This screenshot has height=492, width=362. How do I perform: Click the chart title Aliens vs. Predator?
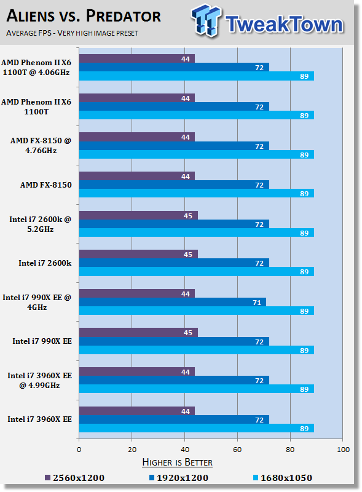click(x=84, y=16)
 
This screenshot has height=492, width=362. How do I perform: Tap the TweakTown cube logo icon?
click(x=206, y=20)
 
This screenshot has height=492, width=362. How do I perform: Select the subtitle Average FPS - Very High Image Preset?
click(x=72, y=33)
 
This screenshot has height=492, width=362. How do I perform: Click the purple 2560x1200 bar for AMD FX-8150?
click(x=137, y=176)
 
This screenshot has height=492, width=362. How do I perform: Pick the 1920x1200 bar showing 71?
click(x=173, y=302)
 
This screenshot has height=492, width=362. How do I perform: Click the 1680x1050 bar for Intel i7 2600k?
click(x=197, y=272)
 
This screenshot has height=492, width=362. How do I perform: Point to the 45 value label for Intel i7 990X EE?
click(x=188, y=333)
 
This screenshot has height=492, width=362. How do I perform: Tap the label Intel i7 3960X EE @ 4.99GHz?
click(x=39, y=380)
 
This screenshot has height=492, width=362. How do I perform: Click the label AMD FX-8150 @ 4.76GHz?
click(x=41, y=146)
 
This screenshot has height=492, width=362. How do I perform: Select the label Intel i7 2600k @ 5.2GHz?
click(x=40, y=224)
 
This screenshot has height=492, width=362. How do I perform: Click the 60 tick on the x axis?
click(x=237, y=450)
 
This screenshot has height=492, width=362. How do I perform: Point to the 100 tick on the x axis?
click(x=343, y=450)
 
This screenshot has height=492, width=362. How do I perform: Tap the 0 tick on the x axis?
click(x=79, y=450)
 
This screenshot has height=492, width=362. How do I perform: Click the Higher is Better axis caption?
click(x=177, y=462)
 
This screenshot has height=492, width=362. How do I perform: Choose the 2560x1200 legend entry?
click(x=74, y=478)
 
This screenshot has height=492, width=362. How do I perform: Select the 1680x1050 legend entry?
click(x=282, y=478)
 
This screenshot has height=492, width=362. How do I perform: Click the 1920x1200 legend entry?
click(x=178, y=478)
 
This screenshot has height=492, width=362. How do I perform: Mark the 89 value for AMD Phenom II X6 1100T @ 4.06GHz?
click(x=304, y=76)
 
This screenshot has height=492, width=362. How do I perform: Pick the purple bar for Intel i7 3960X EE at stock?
click(x=137, y=411)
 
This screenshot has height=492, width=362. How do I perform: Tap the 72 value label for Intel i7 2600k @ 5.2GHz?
click(x=259, y=224)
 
